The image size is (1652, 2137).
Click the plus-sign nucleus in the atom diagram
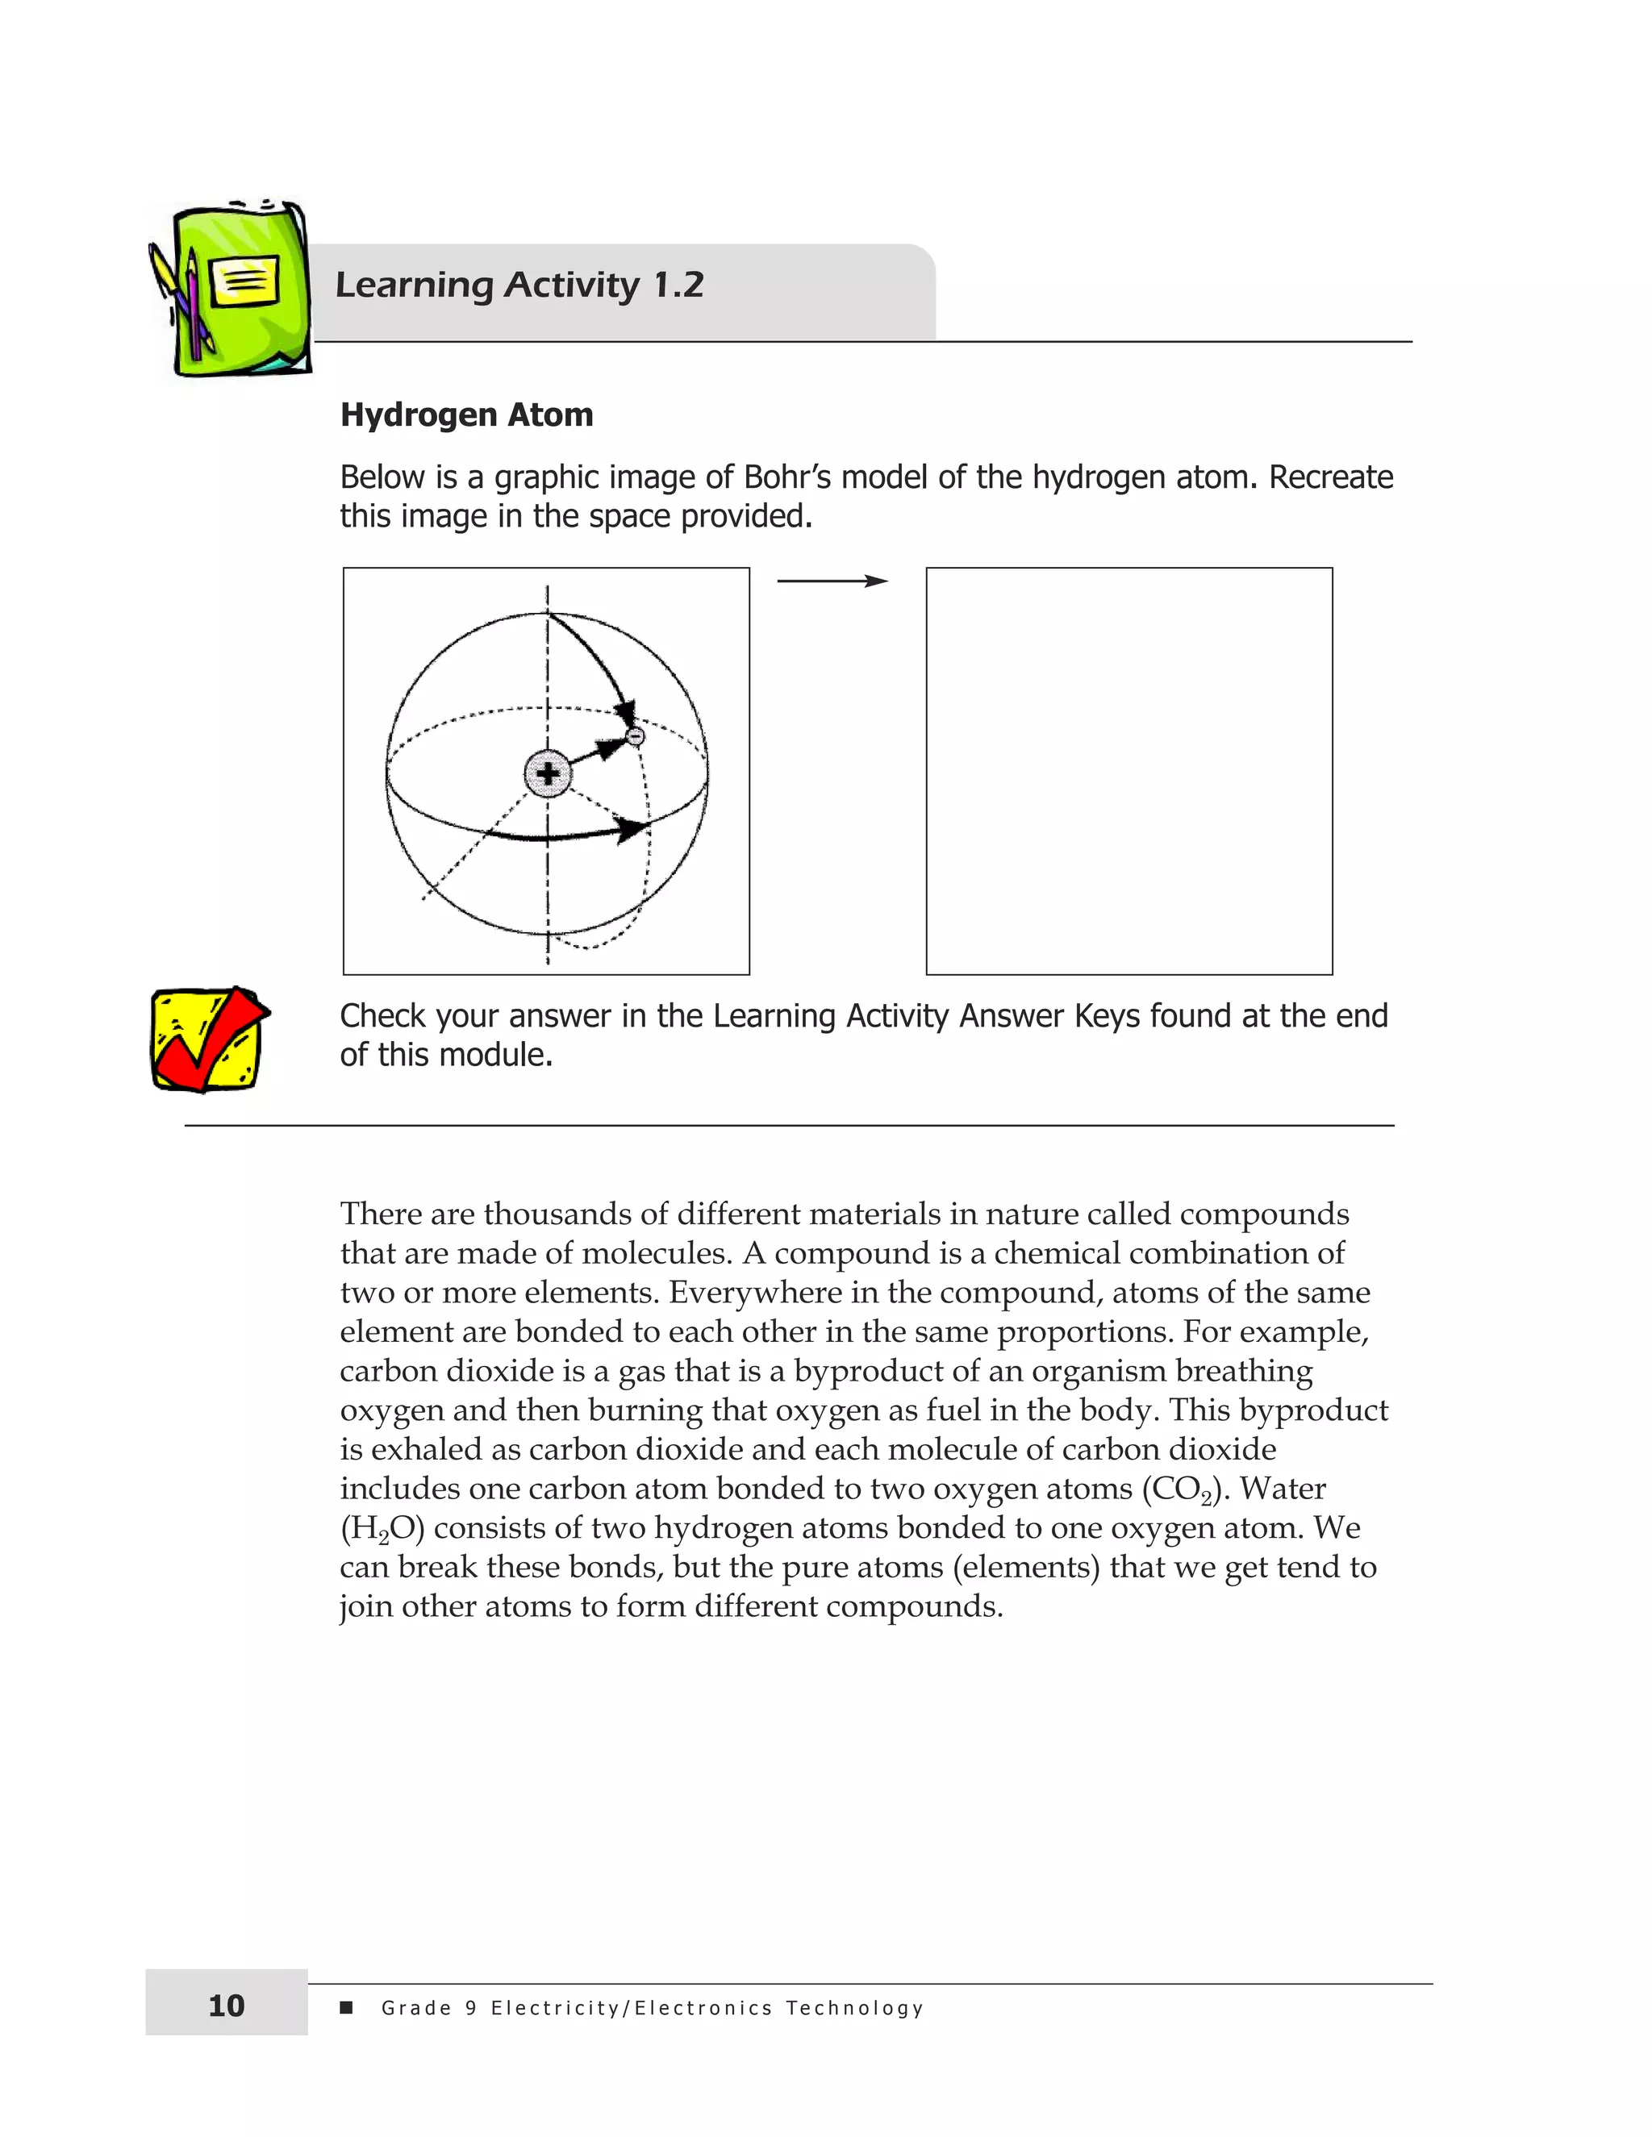pos(547,774)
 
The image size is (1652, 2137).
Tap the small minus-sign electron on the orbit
pos(635,735)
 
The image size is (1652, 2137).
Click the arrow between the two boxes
pos(832,581)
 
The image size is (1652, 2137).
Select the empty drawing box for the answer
pos(1128,771)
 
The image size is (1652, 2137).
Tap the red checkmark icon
pos(208,1039)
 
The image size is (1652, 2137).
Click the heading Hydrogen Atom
pos(467,414)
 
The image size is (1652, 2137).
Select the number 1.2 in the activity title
pos(678,285)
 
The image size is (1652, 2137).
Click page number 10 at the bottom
pos(226,2006)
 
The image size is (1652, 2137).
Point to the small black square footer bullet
pos(345,2008)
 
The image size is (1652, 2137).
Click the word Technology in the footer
pos(854,2008)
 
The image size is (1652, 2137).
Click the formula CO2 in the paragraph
pos(1181,1489)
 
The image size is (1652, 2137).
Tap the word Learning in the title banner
pos(414,285)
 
